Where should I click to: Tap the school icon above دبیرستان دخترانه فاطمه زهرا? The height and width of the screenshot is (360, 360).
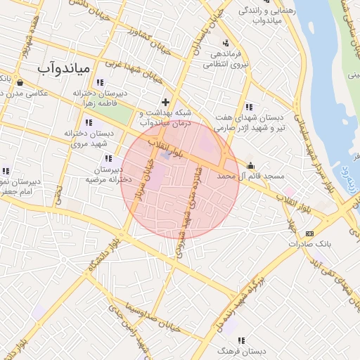click(109, 82)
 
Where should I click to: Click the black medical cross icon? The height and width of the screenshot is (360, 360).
click(166, 102)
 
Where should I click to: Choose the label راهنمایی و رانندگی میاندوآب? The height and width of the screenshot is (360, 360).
click(259, 15)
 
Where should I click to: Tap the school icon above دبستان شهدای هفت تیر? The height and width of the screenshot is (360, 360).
click(249, 106)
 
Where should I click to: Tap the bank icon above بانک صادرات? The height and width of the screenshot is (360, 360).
click(309, 233)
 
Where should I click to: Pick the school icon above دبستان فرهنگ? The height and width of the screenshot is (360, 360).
click(241, 340)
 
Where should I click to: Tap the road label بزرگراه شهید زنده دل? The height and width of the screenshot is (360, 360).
click(238, 303)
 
